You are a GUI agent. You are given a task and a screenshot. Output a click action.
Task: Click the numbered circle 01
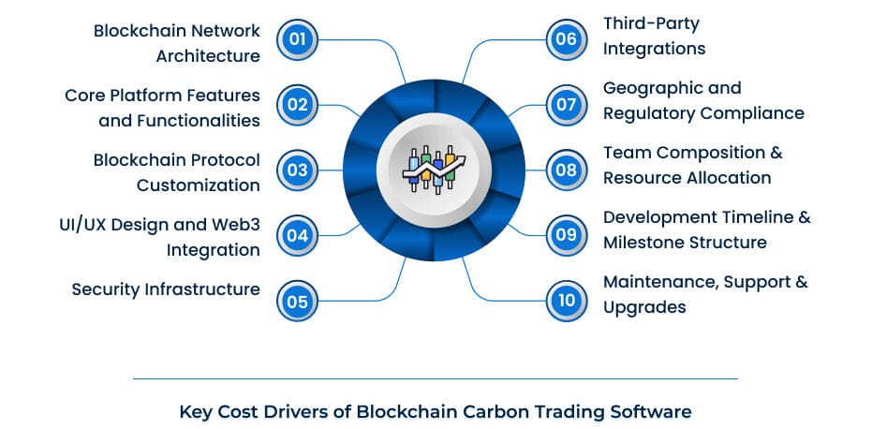tap(298, 39)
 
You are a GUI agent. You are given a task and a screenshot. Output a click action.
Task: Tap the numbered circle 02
tap(298, 104)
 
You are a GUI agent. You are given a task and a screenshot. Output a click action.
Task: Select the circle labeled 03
tap(298, 170)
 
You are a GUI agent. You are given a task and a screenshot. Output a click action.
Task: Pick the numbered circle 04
tap(298, 235)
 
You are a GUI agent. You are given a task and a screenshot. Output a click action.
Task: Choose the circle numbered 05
tap(298, 301)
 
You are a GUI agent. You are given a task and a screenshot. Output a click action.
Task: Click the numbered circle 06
tap(566, 39)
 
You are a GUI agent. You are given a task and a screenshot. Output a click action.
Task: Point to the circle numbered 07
tap(566, 104)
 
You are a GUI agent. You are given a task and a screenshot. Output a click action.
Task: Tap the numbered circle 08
tap(566, 170)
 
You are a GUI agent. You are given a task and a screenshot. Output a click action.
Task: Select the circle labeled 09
tap(566, 235)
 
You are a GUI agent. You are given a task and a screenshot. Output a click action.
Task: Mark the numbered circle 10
tap(566, 301)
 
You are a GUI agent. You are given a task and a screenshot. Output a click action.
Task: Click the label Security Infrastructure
tap(166, 289)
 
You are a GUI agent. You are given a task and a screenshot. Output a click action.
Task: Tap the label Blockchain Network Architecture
tap(176, 43)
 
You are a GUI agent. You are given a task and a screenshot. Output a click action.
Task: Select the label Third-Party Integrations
tap(654, 36)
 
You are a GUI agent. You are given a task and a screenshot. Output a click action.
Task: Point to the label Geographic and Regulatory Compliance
tap(702, 100)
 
